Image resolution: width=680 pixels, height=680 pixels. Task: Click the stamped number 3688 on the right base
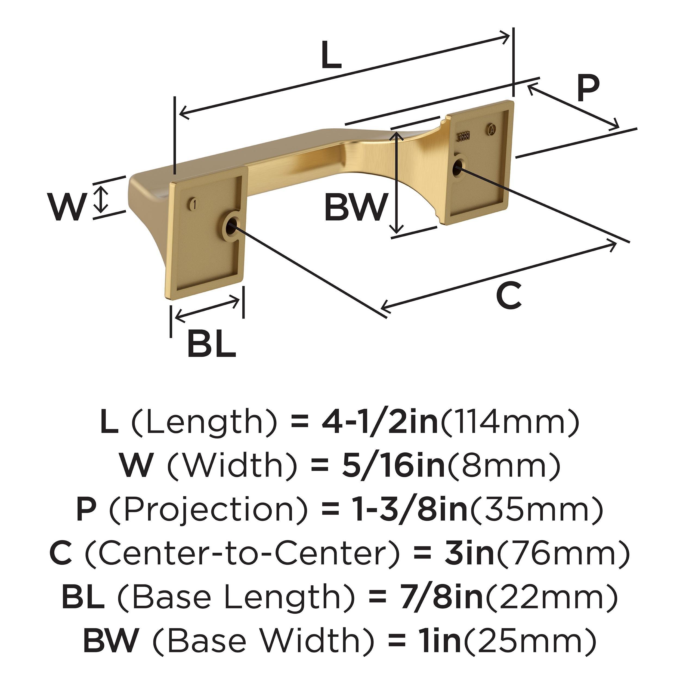point(464,137)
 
